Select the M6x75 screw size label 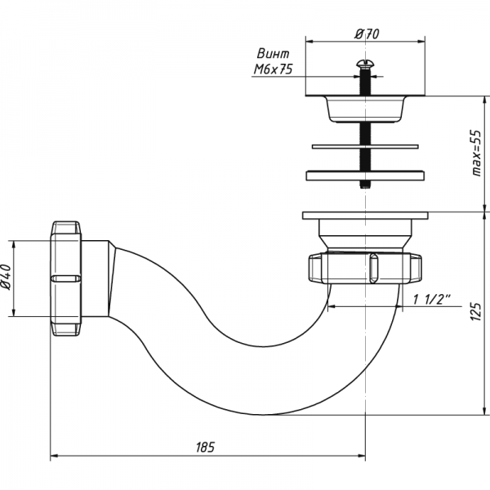click(x=272, y=71)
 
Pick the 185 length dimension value click(x=206, y=447)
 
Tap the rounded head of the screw click(x=364, y=63)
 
